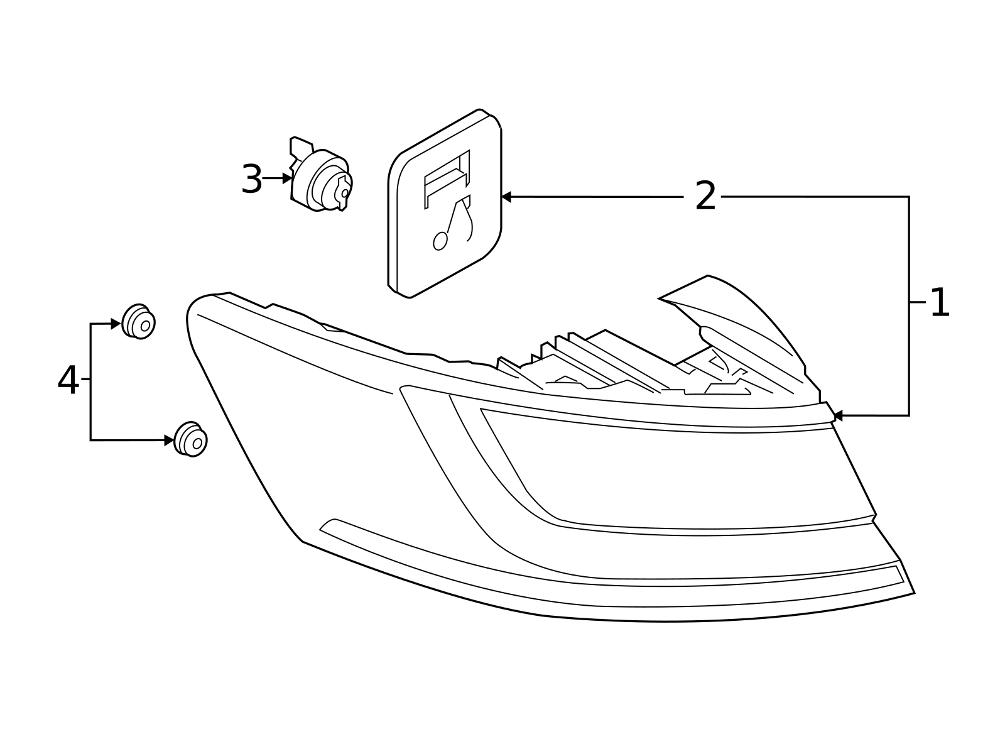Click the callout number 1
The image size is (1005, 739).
[x=939, y=303]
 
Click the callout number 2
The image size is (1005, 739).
[x=705, y=197]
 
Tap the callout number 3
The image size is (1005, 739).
[x=251, y=180]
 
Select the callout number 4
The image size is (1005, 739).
[x=68, y=381]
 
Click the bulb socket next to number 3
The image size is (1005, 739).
[x=322, y=180]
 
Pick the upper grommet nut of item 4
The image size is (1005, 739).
[x=138, y=322]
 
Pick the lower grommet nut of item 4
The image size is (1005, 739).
[x=190, y=439]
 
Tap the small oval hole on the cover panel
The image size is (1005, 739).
[x=440, y=241]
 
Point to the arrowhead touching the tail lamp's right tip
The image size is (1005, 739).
[x=837, y=415]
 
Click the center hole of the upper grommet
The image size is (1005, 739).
[x=145, y=326]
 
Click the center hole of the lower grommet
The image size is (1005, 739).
[x=197, y=443]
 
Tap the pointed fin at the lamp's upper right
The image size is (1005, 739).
[x=735, y=308]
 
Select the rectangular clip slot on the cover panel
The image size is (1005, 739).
[x=447, y=178]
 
